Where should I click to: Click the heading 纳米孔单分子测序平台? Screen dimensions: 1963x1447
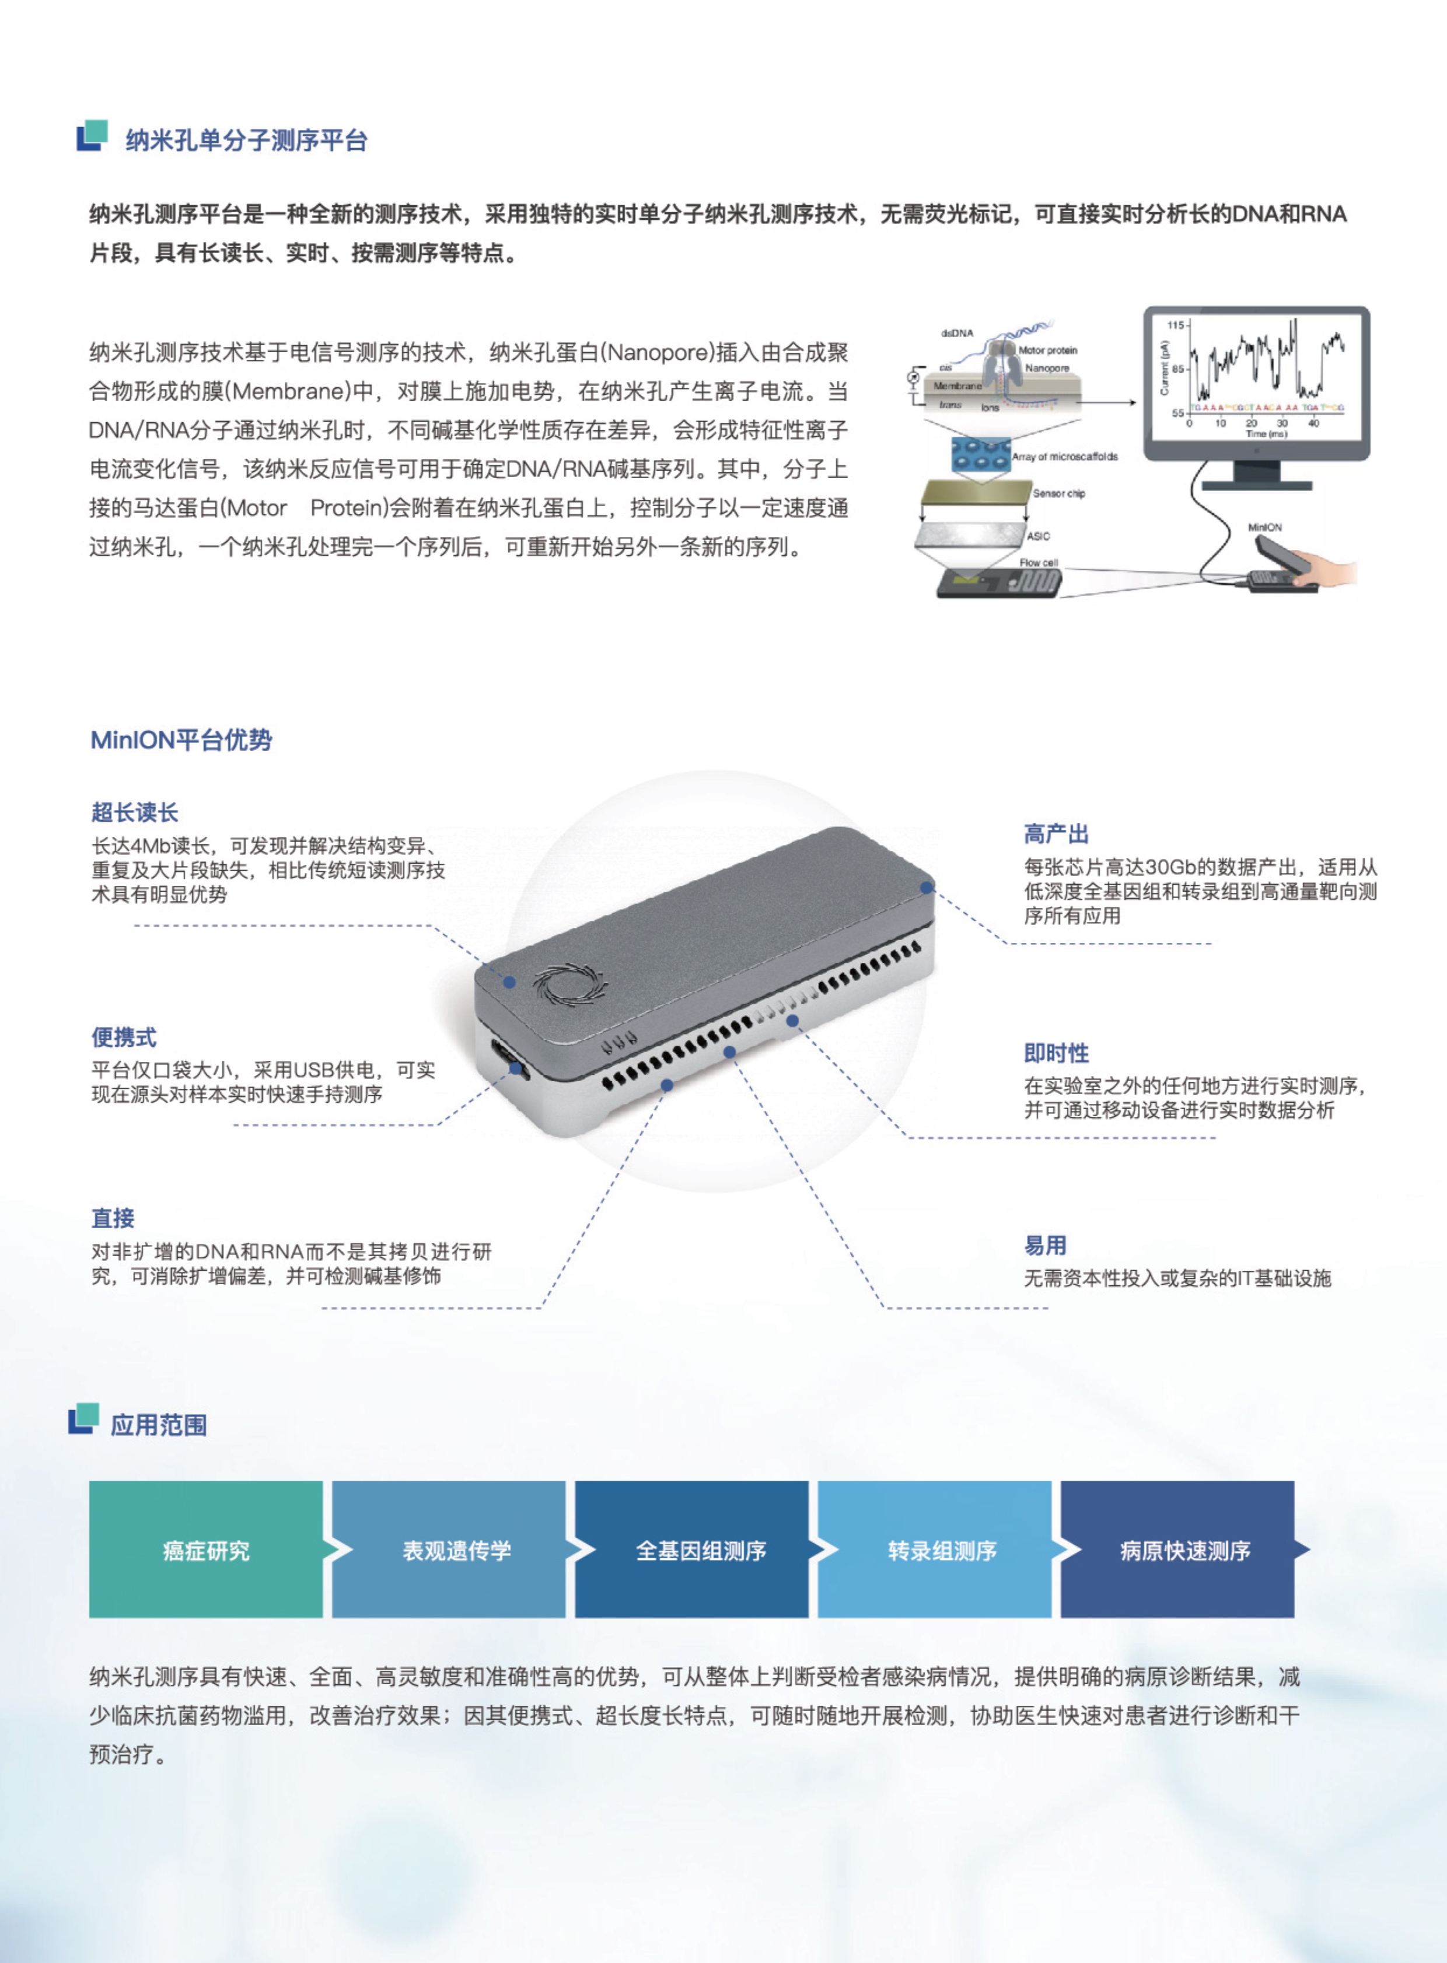(246, 140)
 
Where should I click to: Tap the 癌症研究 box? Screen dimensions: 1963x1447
(206, 1551)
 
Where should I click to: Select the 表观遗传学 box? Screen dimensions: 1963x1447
(456, 1551)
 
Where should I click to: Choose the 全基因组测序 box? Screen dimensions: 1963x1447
(701, 1551)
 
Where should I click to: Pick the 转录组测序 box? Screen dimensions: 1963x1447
(942, 1551)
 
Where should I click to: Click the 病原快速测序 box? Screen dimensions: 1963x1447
(1185, 1551)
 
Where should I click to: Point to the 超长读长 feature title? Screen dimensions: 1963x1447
(135, 812)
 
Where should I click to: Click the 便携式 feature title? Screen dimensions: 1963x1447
(124, 1037)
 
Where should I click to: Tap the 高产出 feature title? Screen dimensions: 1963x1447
(1056, 833)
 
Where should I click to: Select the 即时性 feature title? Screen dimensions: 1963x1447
(1056, 1053)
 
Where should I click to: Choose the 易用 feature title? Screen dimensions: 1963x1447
(1045, 1245)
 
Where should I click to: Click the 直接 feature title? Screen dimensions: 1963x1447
(113, 1218)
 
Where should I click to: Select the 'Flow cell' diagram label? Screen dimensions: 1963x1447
(1038, 563)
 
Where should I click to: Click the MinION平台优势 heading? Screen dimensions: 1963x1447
(181, 740)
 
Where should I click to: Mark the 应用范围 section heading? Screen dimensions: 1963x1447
(159, 1425)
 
